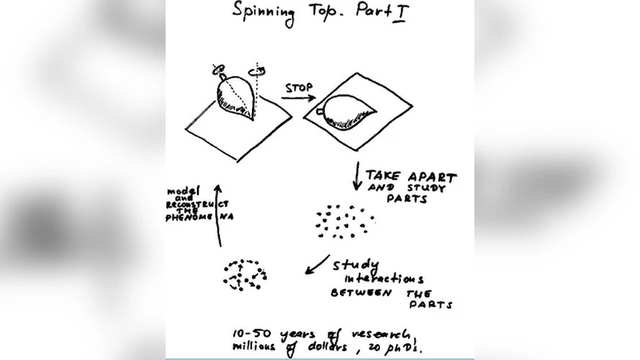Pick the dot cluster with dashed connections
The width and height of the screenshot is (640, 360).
point(243,274)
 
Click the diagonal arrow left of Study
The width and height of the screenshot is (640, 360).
point(318,263)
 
